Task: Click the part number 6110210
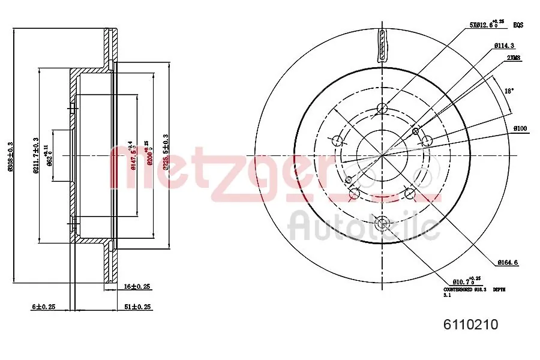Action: (470, 325)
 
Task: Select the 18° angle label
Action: (508, 91)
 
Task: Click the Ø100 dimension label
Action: (520, 129)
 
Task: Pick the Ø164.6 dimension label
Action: (509, 262)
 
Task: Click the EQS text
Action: (518, 25)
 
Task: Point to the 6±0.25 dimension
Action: (44, 307)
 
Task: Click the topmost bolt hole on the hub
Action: (382, 109)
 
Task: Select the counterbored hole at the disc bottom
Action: (382, 223)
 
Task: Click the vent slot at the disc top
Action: (382, 45)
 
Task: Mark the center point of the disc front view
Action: (382, 155)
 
